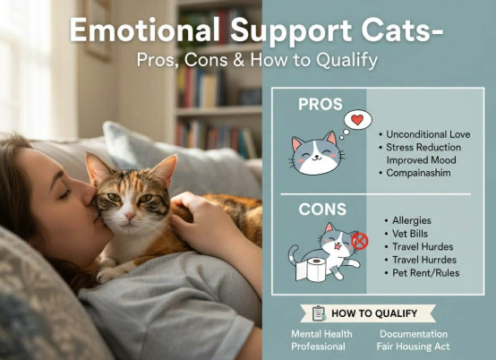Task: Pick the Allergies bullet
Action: [x=413, y=219]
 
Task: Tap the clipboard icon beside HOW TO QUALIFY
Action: [x=319, y=313]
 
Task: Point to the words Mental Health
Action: [x=321, y=334]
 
